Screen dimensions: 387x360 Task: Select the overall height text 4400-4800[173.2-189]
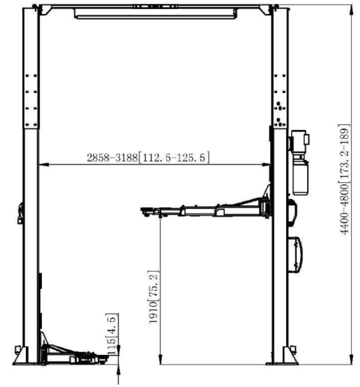point(344,178)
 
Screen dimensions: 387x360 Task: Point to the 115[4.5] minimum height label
point(111,329)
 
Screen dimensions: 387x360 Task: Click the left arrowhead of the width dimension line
point(41,165)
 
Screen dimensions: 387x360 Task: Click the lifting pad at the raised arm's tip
point(146,209)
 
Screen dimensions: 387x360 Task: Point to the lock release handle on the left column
point(20,212)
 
